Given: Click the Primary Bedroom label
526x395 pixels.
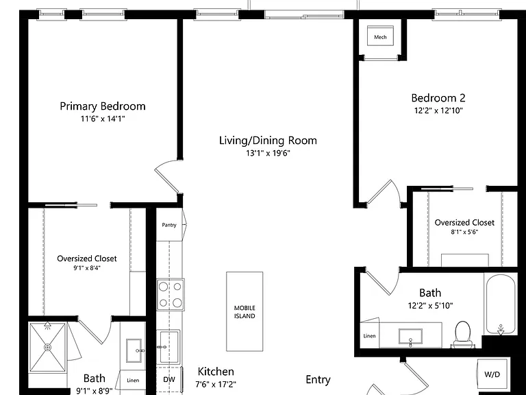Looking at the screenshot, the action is coord(103,106).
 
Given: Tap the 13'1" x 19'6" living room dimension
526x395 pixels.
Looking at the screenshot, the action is coord(268,154).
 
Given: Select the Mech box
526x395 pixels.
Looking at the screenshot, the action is coord(380,36).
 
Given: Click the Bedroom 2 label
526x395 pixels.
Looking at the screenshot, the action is coord(438,98).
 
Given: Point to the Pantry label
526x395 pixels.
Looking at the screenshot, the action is coord(168,225).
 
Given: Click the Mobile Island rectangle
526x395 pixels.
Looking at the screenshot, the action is coord(245,312).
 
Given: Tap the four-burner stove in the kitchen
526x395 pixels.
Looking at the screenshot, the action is coord(171,295).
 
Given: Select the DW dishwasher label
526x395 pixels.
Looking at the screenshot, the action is coord(169,379).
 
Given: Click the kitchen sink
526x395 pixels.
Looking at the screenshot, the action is coord(170,346).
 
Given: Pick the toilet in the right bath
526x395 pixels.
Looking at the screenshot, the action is coord(462,333).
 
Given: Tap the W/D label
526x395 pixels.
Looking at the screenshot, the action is coord(492,374).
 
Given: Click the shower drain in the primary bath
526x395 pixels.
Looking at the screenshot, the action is coord(48,347).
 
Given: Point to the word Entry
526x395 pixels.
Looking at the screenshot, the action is coord(318,380).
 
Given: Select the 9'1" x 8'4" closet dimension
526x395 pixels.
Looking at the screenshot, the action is coord(87,268).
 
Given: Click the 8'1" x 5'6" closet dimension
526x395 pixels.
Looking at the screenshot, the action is coord(464,232).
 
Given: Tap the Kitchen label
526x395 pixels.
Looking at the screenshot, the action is coord(216,372).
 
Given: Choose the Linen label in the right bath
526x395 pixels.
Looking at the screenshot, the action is coord(369,336).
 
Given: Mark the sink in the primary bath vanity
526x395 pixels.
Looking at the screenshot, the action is coord(134,350).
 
